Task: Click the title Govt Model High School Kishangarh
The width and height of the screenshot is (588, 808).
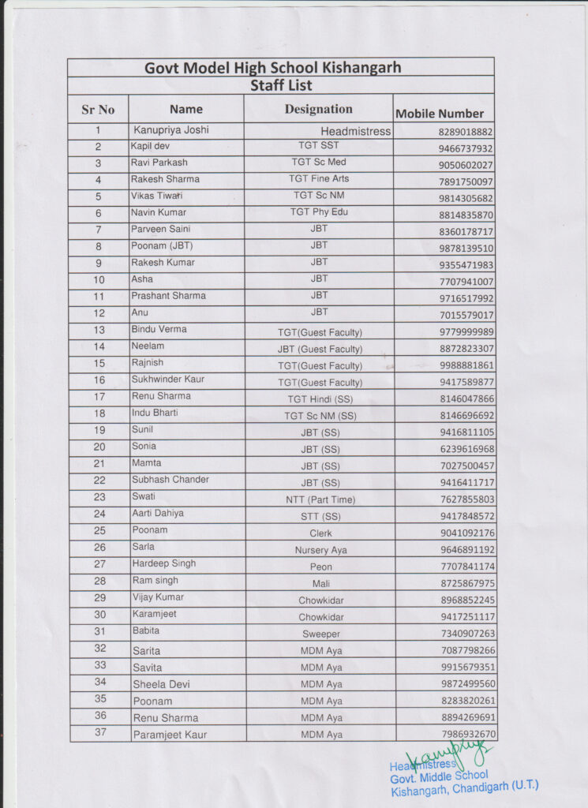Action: [272, 68]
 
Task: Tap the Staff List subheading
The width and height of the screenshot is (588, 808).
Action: [281, 85]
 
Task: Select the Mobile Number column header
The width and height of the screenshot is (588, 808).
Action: [440, 114]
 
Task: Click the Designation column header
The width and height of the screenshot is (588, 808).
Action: [318, 109]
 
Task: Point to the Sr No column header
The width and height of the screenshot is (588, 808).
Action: [98, 110]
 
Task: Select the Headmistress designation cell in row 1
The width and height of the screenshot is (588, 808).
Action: [355, 131]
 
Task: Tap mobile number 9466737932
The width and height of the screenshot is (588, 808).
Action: [466, 148]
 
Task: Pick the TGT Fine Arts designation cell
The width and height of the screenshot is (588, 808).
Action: [319, 179]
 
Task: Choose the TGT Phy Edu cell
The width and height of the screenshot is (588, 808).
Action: [319, 212]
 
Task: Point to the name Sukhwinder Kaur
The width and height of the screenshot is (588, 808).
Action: [167, 379]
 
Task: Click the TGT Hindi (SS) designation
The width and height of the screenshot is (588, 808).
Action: [320, 399]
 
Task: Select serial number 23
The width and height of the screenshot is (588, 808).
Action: [99, 497]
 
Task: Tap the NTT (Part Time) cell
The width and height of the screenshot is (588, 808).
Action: [320, 499]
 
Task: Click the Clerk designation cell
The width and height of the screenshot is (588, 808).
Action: [320, 533]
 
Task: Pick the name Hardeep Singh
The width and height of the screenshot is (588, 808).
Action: [163, 563]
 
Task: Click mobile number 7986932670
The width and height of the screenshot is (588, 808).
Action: [467, 735]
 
